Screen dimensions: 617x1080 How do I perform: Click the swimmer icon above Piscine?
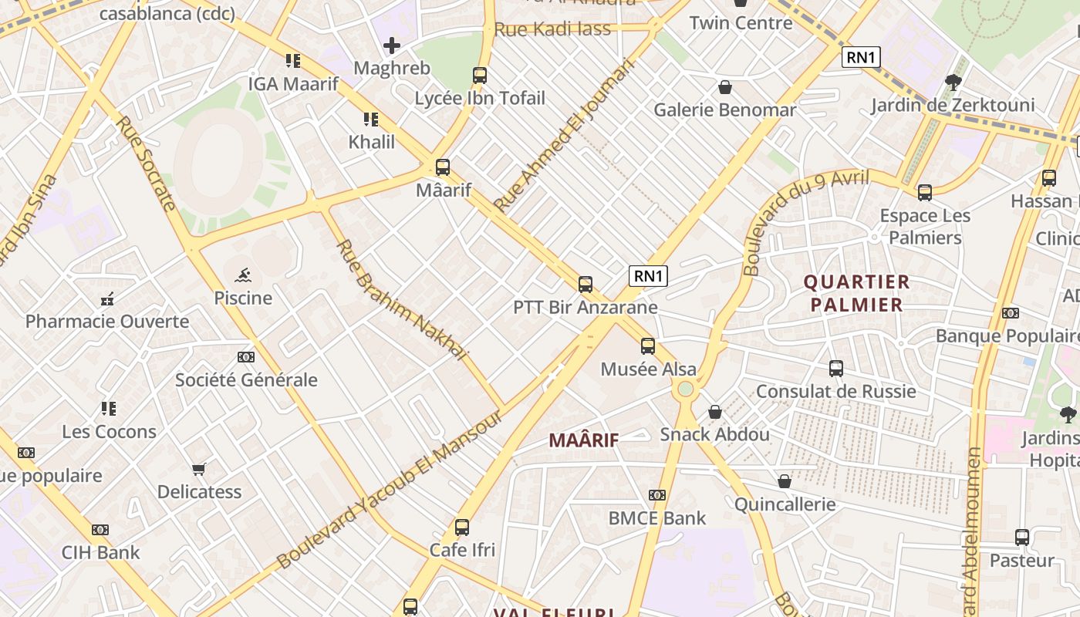[243, 275]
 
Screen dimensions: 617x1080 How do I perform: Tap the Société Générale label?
[246, 379]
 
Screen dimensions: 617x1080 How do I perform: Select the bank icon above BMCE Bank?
[656, 495]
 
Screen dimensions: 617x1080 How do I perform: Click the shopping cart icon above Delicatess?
[199, 469]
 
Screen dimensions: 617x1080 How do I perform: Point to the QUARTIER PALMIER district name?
[857, 293]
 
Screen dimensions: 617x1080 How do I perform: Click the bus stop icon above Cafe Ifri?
[461, 528]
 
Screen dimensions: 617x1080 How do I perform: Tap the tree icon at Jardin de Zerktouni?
[953, 83]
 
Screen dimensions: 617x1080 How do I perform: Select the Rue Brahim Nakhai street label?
[403, 301]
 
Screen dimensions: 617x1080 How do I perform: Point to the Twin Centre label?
[741, 23]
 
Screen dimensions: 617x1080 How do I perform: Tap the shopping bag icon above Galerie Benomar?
[724, 87]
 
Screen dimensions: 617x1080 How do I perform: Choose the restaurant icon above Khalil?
[371, 120]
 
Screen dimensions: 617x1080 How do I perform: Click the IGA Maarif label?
[293, 83]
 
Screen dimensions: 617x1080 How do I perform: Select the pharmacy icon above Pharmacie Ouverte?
[107, 299]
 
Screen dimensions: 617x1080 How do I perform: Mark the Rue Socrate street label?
[146, 164]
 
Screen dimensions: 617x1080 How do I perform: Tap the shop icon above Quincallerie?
[784, 482]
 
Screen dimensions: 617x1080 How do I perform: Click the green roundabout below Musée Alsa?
[685, 389]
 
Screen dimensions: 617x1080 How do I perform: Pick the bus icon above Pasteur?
[1021, 538]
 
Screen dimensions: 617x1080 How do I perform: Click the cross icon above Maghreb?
[392, 46]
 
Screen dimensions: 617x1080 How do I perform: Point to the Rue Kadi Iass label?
[552, 29]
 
